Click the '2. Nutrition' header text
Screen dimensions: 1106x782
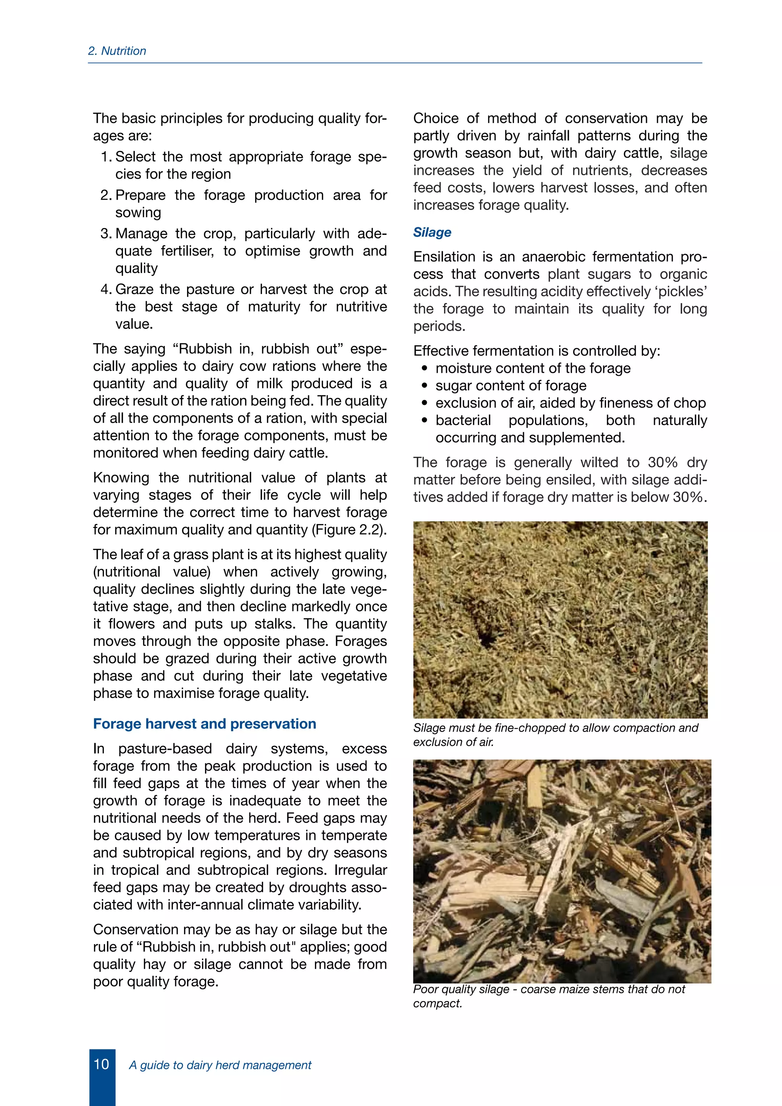click(x=117, y=51)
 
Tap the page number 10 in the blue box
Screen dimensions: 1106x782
click(x=102, y=1064)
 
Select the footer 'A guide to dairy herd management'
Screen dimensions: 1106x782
click(x=220, y=1065)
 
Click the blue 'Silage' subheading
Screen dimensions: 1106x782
click(x=432, y=232)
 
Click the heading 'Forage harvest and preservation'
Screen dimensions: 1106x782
click(x=205, y=724)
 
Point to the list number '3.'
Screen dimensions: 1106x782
click(x=107, y=234)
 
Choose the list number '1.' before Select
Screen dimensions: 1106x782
click(x=107, y=157)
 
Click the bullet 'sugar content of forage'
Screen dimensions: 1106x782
click(x=511, y=385)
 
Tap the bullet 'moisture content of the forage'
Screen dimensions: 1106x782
click(x=533, y=368)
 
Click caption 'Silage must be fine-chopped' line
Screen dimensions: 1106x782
click(x=555, y=728)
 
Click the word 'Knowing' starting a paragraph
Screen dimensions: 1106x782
click(x=121, y=477)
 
